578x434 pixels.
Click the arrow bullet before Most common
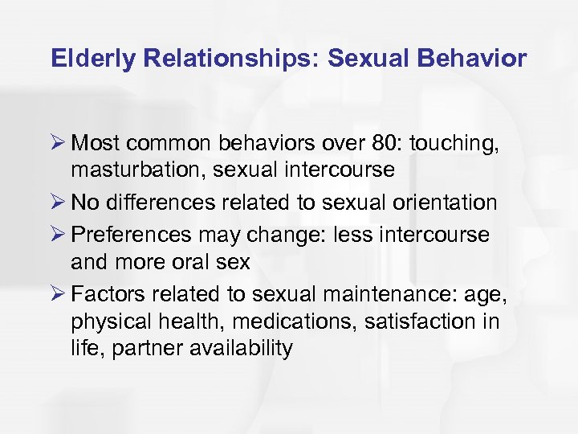coord(58,143)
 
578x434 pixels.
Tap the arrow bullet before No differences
coord(58,203)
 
